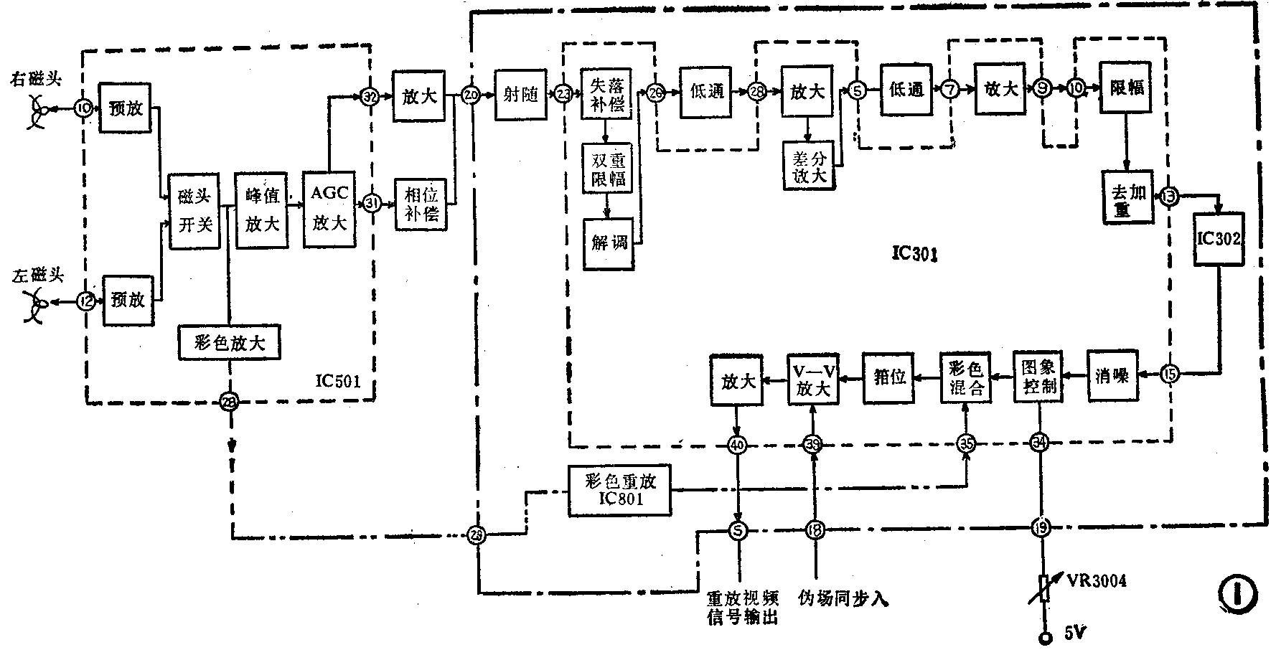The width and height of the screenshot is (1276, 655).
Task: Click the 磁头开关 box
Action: pos(194,210)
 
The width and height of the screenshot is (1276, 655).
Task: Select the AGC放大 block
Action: pos(329,208)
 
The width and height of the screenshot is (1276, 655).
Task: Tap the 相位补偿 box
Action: pos(421,204)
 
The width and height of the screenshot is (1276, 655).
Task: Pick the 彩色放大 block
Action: pos(229,343)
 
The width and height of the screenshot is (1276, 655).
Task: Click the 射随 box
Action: pos(521,95)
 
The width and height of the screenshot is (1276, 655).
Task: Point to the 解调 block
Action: pos(609,244)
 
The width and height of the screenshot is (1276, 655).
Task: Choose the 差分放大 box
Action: pos(809,164)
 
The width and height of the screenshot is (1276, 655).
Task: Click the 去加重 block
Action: pos(1127,197)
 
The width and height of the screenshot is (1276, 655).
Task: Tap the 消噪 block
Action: pos(1112,375)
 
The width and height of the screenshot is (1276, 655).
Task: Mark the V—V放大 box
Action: pos(812,378)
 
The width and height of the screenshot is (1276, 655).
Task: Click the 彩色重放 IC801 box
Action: pos(619,490)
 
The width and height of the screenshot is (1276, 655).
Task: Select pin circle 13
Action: pos(1168,196)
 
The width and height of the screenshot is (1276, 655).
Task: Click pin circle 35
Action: pos(967,444)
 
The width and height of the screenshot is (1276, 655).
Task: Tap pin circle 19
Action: pos(1040,529)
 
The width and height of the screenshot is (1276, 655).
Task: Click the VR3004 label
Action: pos(1096,580)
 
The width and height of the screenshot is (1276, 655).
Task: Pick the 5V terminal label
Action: pos(1074,633)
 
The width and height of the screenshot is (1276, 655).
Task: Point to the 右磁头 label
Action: pos(35,78)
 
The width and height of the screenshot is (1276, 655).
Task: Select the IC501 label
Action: pos(337,380)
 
